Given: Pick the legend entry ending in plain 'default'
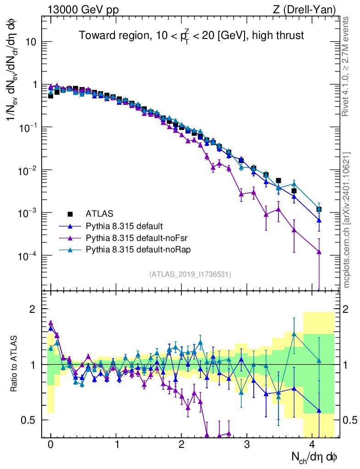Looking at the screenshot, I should pyautogui.click(x=124, y=226).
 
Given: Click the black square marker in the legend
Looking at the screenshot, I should pyautogui.click(x=70, y=213).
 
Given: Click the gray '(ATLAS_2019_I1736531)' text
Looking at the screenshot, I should pyautogui.click(x=190, y=274).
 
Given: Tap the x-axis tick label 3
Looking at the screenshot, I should pyautogui.click(x=247, y=445).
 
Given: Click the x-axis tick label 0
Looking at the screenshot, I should pyautogui.click(x=50, y=445).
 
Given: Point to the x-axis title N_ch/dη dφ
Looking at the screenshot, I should pyautogui.click(x=316, y=457).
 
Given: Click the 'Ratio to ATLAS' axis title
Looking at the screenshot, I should pyautogui.click(x=15, y=364).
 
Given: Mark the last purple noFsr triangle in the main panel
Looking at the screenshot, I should pyautogui.click(x=319, y=252).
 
